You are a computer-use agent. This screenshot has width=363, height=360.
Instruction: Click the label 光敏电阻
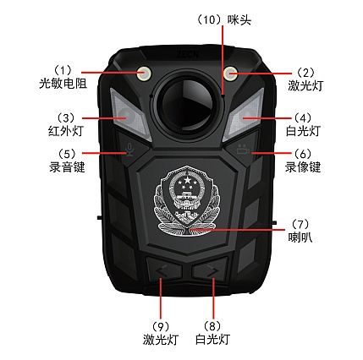coord(63,84)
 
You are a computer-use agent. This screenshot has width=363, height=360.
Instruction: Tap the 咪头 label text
coord(239,20)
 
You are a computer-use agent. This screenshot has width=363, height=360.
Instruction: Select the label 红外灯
coord(66,131)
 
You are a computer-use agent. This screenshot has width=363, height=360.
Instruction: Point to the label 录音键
coord(67,167)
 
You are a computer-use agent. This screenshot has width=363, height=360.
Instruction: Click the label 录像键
coord(303,167)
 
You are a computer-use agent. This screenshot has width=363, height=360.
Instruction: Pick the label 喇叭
coord(300,237)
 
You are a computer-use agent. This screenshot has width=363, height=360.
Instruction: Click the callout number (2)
coord(305,73)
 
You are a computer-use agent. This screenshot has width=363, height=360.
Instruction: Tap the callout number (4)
coord(303,117)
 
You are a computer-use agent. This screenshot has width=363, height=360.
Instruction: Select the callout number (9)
coord(161,327)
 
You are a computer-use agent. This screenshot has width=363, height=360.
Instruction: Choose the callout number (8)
coord(212,327)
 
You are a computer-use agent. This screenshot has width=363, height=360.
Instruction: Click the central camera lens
coord(187,104)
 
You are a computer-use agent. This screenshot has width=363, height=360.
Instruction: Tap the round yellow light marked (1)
coord(144,74)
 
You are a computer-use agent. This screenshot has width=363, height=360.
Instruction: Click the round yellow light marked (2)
coord(231,74)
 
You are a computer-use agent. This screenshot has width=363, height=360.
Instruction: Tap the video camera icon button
coord(243,150)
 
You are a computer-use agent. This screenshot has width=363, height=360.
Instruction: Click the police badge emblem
coord(187,201)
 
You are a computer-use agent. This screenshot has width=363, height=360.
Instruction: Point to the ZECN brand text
coord(187,54)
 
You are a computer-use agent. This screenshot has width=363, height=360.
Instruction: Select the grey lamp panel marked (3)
coord(130,115)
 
